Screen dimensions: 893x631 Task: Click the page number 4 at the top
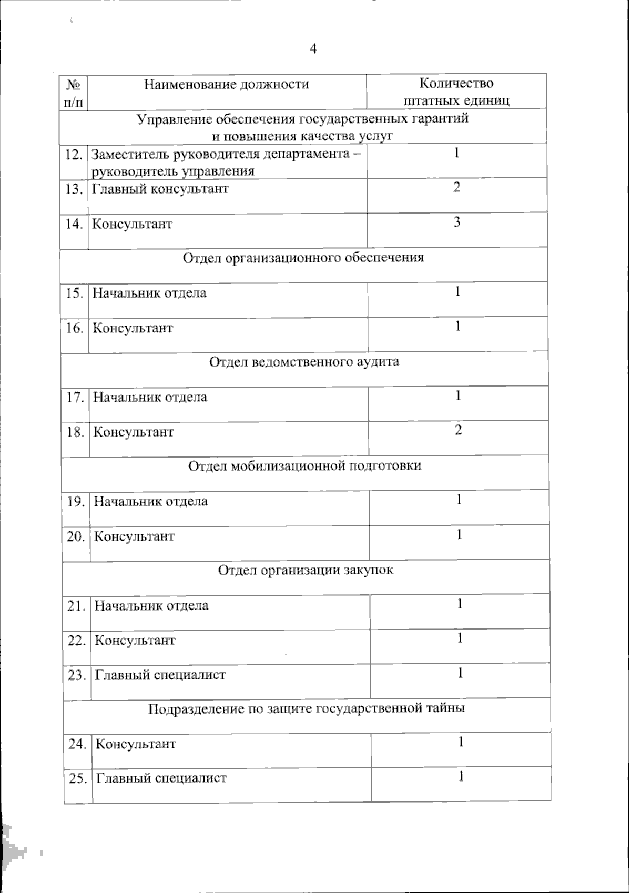tap(314, 49)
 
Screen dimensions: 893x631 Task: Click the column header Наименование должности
tap(227, 84)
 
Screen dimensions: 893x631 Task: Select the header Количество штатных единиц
tap(456, 92)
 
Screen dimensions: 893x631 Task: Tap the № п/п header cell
tap(74, 93)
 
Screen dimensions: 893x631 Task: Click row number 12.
tap(74, 154)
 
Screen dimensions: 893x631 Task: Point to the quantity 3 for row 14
tap(457, 222)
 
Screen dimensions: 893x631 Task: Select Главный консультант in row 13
tap(160, 189)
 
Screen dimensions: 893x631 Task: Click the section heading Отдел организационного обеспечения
tap(303, 258)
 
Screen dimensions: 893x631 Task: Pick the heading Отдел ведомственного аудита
tap(304, 362)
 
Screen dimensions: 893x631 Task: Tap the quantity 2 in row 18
tap(459, 430)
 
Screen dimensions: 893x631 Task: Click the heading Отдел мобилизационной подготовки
tap(304, 466)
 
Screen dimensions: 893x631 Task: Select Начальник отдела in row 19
tap(150, 501)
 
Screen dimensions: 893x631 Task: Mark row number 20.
tap(76, 536)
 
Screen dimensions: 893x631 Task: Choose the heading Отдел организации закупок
tap(305, 570)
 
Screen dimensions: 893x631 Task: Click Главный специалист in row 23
tap(160, 675)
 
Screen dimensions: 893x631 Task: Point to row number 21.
tap(77, 606)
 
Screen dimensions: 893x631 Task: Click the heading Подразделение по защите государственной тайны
tap(306, 708)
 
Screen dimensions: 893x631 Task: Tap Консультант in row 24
tap(136, 744)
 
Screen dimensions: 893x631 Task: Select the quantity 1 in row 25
tap(461, 776)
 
